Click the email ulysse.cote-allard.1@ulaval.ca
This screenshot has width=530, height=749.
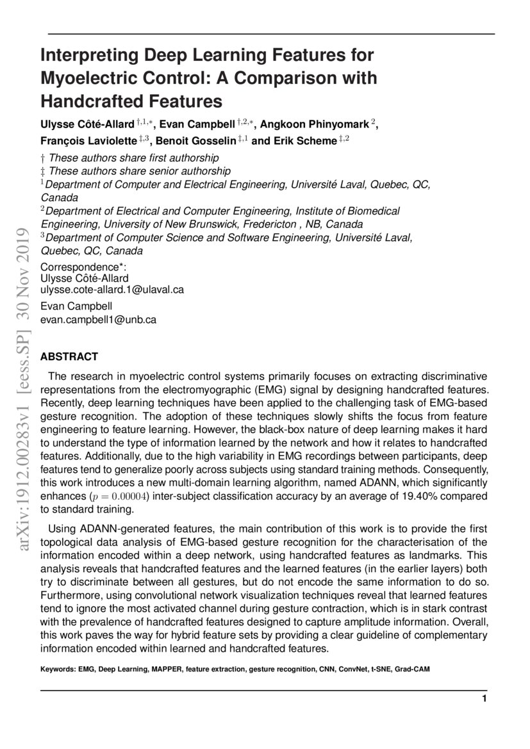(112, 290)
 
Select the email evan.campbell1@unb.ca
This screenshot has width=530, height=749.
(98, 318)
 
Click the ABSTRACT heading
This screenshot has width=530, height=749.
(69, 356)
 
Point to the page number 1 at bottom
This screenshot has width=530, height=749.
(484, 698)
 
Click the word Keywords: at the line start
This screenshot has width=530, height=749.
(57, 669)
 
